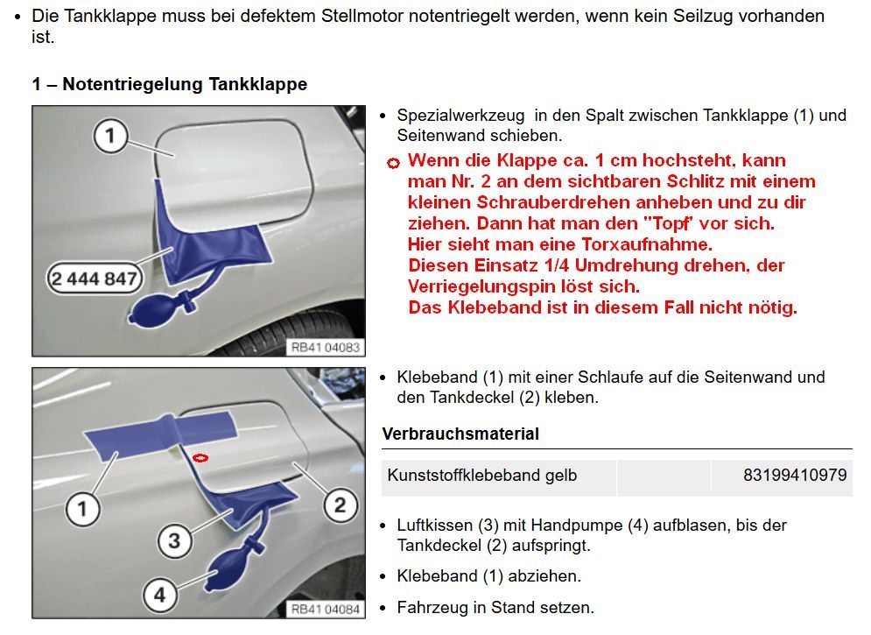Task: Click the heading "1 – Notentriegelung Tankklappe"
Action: [x=170, y=84]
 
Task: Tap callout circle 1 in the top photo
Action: [x=110, y=136]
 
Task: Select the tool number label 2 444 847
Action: [x=94, y=278]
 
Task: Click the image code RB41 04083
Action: [x=325, y=347]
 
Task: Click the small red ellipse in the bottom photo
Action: [x=200, y=456]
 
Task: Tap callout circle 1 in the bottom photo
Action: [x=82, y=508]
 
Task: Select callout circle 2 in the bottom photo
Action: [x=340, y=504]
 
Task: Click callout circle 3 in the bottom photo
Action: [x=174, y=540]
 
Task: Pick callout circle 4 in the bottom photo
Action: [x=159, y=595]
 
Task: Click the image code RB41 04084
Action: [x=325, y=610]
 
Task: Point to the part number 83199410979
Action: [x=795, y=476]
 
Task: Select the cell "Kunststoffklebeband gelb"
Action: [x=482, y=476]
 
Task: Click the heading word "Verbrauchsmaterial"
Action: [x=460, y=434]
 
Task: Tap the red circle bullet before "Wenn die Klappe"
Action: [x=393, y=162]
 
